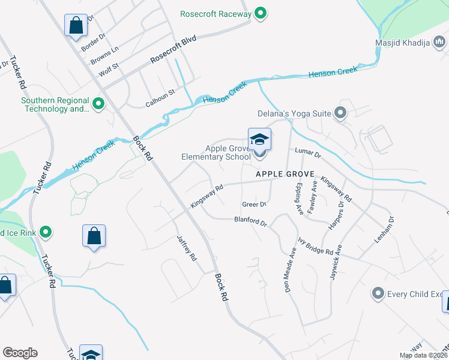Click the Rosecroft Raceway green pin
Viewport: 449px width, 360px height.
tap(260, 13)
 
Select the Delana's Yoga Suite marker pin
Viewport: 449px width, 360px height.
tap(341, 113)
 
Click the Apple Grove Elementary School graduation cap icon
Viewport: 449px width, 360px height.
tap(259, 140)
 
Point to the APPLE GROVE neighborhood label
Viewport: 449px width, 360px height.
tap(285, 174)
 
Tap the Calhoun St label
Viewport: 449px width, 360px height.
tap(160, 98)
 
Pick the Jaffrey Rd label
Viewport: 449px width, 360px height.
tap(187, 247)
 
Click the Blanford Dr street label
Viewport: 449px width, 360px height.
tap(250, 221)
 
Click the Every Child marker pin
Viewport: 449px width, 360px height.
tap(378, 294)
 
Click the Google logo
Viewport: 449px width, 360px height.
tap(20, 353)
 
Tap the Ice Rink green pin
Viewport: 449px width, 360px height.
tap(45, 232)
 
